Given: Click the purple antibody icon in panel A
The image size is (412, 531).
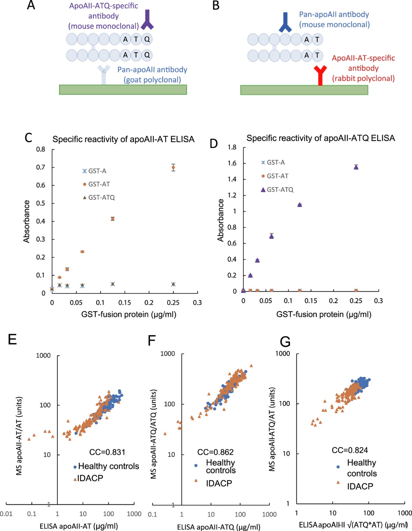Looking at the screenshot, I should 147,20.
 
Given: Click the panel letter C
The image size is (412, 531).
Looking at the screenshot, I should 28,138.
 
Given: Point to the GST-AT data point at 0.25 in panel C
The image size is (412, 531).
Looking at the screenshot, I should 173,168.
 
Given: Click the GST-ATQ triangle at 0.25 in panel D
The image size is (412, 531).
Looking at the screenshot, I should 356,167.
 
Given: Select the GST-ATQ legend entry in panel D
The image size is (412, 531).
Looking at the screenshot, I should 277,189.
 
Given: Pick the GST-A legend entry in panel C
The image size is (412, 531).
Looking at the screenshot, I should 94,171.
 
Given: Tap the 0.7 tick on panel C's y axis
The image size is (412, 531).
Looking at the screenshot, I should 41,167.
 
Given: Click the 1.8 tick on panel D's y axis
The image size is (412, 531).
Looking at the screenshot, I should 232,147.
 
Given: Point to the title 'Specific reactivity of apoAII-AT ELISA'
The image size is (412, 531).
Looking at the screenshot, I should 123,139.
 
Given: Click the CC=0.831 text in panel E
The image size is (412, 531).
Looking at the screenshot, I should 107,452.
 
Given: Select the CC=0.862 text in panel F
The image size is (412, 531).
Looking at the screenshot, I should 215,452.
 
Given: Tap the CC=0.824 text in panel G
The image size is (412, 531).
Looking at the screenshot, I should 350,450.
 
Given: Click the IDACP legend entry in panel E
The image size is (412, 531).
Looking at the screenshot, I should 88,478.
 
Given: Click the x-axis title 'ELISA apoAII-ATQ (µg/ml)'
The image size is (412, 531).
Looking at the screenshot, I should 219,527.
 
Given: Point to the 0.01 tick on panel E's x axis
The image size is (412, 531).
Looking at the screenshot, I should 6,514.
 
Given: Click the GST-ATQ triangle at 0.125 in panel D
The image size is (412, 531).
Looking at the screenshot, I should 299,205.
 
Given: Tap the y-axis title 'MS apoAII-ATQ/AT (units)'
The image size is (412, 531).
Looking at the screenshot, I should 272,429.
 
